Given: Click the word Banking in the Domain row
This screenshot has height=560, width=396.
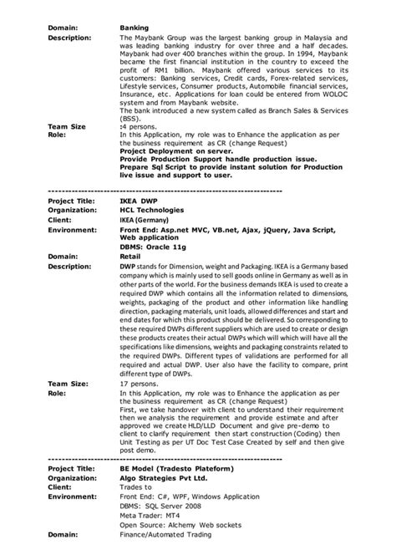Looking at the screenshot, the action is point(135,28).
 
